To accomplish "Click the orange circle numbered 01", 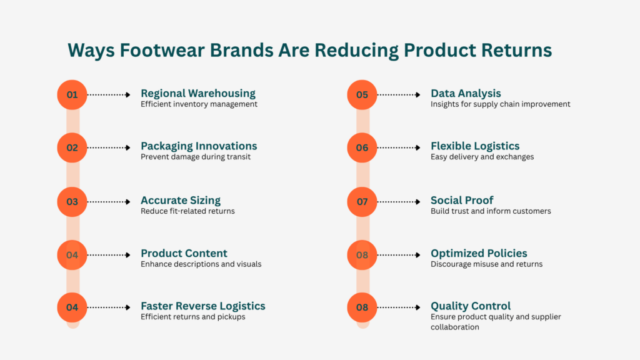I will [72, 95].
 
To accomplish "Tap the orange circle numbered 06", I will [362, 147].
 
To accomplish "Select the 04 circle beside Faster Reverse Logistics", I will [72, 307].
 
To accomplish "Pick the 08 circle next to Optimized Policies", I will [362, 254].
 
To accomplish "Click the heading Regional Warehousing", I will [197, 93].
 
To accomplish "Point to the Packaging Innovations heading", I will [199, 146].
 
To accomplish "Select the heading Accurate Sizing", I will [181, 200].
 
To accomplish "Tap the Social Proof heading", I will [462, 200].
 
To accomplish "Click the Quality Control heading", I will [471, 306].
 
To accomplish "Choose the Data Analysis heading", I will [466, 93].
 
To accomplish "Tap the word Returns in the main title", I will [516, 50].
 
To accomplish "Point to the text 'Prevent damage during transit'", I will [196, 157].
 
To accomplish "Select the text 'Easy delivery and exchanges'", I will [482, 157].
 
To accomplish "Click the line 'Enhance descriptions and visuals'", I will [201, 264].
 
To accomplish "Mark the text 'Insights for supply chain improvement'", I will [500, 104].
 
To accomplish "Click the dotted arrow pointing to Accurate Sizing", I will [109, 201].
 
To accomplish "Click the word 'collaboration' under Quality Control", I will [454, 327].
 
